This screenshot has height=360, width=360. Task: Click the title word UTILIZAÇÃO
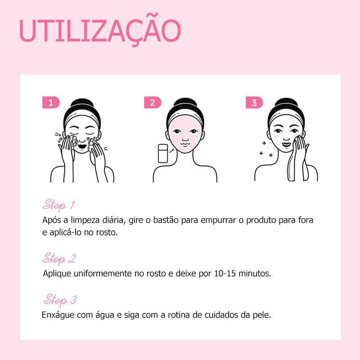coord(100,30)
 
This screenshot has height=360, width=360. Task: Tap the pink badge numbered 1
coord(51,103)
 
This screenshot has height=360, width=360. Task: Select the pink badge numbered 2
coord(153,103)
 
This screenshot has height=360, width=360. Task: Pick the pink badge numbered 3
coord(254,103)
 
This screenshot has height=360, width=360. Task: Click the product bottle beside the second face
coord(163,153)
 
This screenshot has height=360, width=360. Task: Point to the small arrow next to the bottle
coord(171,150)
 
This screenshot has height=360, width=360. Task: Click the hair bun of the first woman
coord(82,103)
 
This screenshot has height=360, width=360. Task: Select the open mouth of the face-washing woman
coord(82,146)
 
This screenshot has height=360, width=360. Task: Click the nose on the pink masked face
coord(185,139)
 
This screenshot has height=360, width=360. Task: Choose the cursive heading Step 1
coord(59,205)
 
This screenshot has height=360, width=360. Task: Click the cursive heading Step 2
coord(59,258)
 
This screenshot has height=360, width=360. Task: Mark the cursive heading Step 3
coord(60,300)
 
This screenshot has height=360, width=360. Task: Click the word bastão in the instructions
coord(166,220)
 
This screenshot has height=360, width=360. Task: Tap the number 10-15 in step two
coord(225,274)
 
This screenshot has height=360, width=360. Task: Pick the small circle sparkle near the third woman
coord(271,155)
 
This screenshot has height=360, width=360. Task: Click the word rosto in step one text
coord(107,232)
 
